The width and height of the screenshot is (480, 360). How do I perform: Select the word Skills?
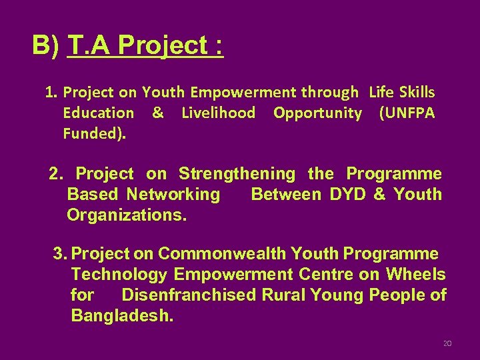[415, 92]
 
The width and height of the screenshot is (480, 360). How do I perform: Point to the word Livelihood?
[219, 113]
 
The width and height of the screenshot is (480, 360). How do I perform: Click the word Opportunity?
[317, 113]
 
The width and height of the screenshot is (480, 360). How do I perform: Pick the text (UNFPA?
[407, 113]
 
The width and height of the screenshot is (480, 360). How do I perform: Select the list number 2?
[56, 174]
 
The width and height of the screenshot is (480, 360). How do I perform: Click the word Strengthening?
[237, 174]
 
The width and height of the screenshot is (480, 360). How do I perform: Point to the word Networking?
[173, 195]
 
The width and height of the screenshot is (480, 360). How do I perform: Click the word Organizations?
[127, 215]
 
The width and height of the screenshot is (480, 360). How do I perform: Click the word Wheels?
[415, 274]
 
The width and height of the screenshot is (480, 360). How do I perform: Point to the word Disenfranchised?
[188, 295]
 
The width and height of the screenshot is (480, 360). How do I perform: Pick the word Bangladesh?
[122, 315]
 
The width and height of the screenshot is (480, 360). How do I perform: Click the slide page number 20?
[447, 344]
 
